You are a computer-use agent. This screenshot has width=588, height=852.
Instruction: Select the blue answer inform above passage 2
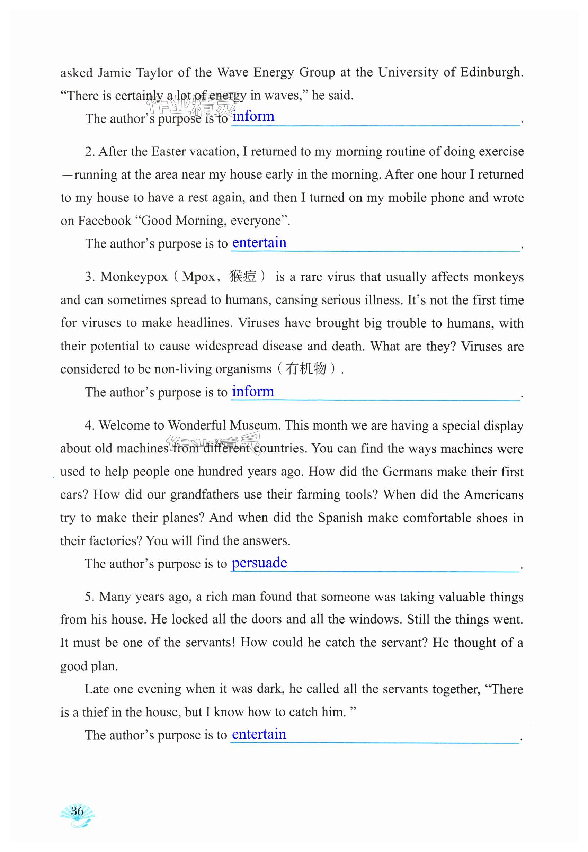point(253,116)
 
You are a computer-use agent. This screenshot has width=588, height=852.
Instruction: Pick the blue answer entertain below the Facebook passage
point(259,243)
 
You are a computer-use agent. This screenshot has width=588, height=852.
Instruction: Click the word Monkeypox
point(134,277)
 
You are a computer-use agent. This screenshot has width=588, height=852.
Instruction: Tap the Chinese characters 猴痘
point(243,276)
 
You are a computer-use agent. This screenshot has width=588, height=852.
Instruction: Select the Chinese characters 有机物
point(306,369)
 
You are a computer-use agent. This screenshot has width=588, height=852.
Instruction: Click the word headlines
point(204,323)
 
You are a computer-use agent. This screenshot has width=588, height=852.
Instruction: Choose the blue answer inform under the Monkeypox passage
point(253,392)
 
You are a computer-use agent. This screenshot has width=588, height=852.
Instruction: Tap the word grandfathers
point(204,495)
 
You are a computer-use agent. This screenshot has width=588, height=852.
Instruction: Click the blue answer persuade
point(259,563)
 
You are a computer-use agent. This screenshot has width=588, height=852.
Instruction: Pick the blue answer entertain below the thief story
point(259,735)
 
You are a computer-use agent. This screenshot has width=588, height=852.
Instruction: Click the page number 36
point(77,811)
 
